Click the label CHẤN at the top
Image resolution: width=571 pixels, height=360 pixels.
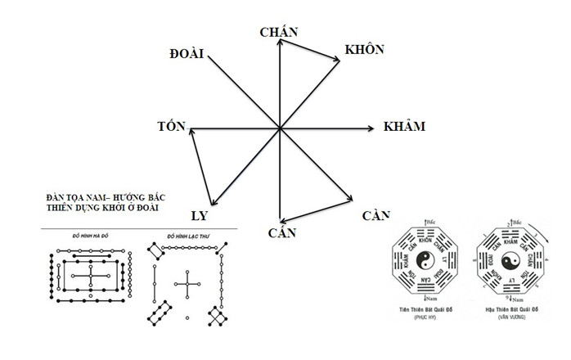click(278, 32)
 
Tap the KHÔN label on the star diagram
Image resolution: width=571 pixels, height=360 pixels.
click(364, 50)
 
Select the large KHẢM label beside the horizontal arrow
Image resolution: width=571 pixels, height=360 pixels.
click(404, 128)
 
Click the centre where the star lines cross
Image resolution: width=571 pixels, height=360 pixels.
click(280, 128)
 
